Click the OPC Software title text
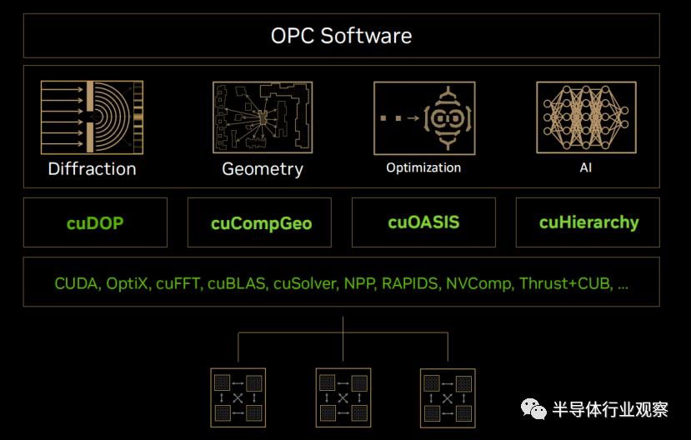341,36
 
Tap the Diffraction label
92,168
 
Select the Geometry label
263,169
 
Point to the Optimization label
423,167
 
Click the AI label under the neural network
586,167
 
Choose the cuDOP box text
95,222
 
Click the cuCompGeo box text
262,223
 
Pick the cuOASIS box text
423,222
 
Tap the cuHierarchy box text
588,222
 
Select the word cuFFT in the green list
179,283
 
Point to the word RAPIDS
411,283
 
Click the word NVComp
480,283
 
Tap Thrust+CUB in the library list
566,283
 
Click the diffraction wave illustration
92,117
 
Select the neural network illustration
586,117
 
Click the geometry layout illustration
263,117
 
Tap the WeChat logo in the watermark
533,408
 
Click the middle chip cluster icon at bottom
343,398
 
